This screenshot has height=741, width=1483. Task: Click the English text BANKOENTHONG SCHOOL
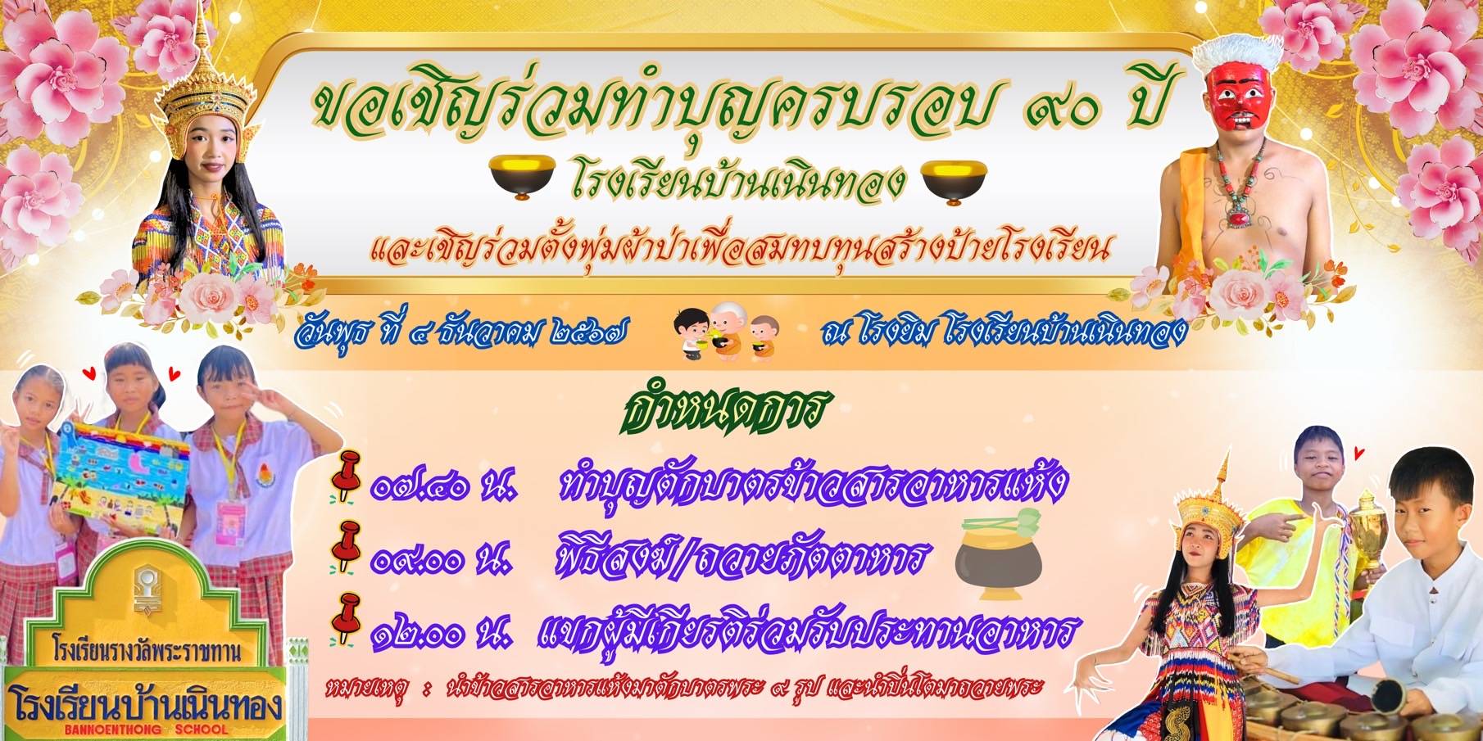point(146,729)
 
